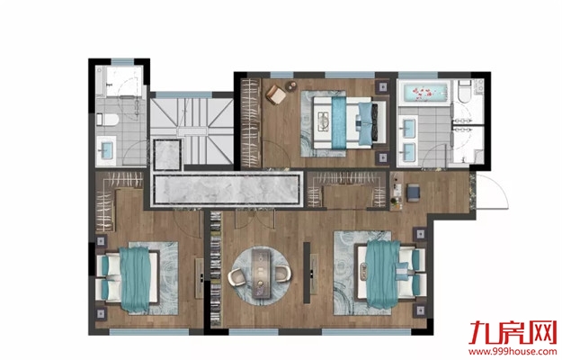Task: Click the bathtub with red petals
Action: point(424,93)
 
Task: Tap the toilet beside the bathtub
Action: point(465,91)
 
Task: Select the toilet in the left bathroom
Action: point(107,120)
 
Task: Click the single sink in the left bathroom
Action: point(106,150)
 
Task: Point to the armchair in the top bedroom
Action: point(276,94)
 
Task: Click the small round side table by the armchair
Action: point(291,86)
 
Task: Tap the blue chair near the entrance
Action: point(414,192)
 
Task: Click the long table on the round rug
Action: point(262,274)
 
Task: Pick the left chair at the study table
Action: point(237,277)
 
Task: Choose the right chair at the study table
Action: point(283,274)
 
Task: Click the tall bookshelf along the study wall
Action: point(215,269)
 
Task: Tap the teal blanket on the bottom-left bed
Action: point(135,279)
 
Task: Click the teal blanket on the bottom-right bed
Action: point(383,274)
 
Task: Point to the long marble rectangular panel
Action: point(227,189)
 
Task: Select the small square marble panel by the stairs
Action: point(167,155)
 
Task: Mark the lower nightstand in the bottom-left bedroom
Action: point(101,314)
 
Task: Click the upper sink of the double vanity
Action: point(408,126)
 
